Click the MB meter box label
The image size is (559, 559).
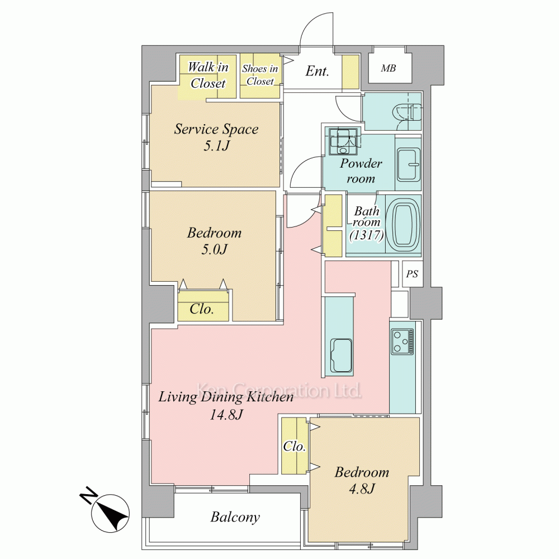click(x=389, y=68)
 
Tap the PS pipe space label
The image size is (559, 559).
click(x=412, y=274)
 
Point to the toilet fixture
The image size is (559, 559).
click(x=406, y=112)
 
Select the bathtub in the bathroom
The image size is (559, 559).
click(x=406, y=224)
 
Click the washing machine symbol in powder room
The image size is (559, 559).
click(x=343, y=141)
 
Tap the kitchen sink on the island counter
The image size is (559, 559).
click(x=342, y=355)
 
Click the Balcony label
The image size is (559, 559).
click(x=235, y=517)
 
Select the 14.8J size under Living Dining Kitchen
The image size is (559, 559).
click(x=226, y=415)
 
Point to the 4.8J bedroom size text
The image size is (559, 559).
click(x=362, y=489)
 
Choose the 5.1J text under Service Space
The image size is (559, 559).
click(x=216, y=145)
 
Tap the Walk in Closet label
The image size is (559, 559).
click(x=208, y=75)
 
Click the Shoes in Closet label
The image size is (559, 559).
click(x=260, y=75)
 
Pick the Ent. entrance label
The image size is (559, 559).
click(x=317, y=71)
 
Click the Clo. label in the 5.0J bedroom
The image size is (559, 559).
click(x=202, y=309)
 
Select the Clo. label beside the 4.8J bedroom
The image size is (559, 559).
click(x=295, y=446)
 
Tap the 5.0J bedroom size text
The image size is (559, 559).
click(x=214, y=249)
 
